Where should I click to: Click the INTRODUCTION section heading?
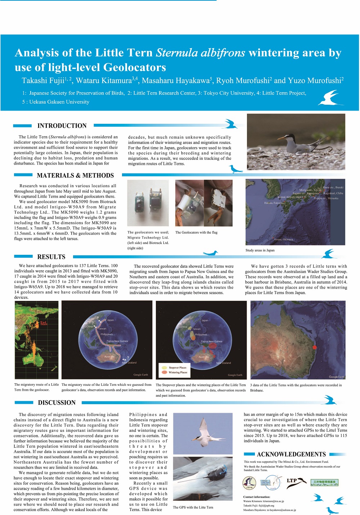62,126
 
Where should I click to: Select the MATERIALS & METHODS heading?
75,175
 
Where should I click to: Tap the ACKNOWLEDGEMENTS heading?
291,454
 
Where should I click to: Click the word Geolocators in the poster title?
135,67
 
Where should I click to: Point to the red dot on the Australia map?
314,347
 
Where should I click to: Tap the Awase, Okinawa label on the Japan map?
283,239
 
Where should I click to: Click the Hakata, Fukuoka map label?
274,203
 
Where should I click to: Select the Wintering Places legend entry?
178,372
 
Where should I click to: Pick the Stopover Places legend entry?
177,367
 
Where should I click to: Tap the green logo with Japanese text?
324,482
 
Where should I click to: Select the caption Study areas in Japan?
260,250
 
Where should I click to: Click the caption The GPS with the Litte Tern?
193,507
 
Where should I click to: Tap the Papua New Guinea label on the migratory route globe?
117,341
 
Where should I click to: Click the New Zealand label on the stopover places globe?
224,363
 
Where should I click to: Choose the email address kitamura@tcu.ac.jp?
273,501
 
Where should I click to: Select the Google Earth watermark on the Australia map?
336,377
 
